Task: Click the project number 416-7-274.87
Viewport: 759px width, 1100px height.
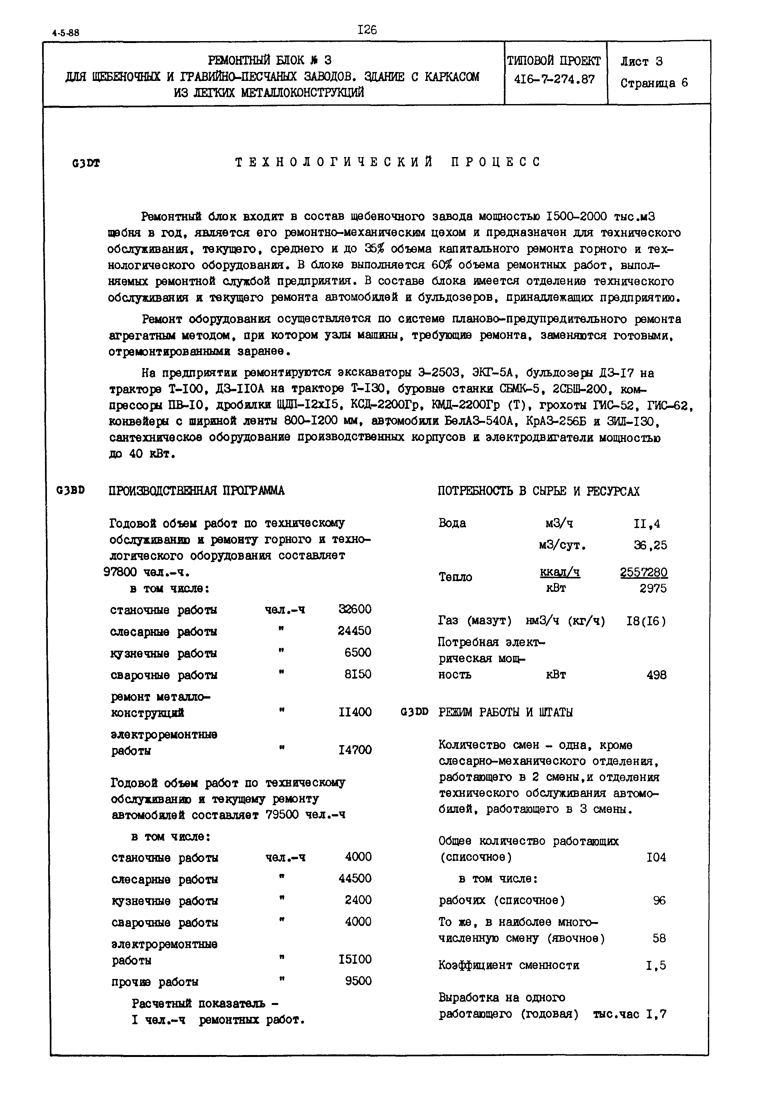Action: pos(555,79)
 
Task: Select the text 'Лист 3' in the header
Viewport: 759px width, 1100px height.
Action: pos(641,62)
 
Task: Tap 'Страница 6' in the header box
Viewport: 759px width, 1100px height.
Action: pos(654,83)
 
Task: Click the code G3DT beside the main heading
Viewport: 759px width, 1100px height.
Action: pos(86,163)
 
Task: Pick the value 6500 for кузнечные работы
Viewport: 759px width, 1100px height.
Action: pos(358,653)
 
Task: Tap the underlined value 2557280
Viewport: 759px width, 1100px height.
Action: pos(643,572)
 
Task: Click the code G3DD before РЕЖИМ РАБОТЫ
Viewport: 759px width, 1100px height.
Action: pos(415,712)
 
